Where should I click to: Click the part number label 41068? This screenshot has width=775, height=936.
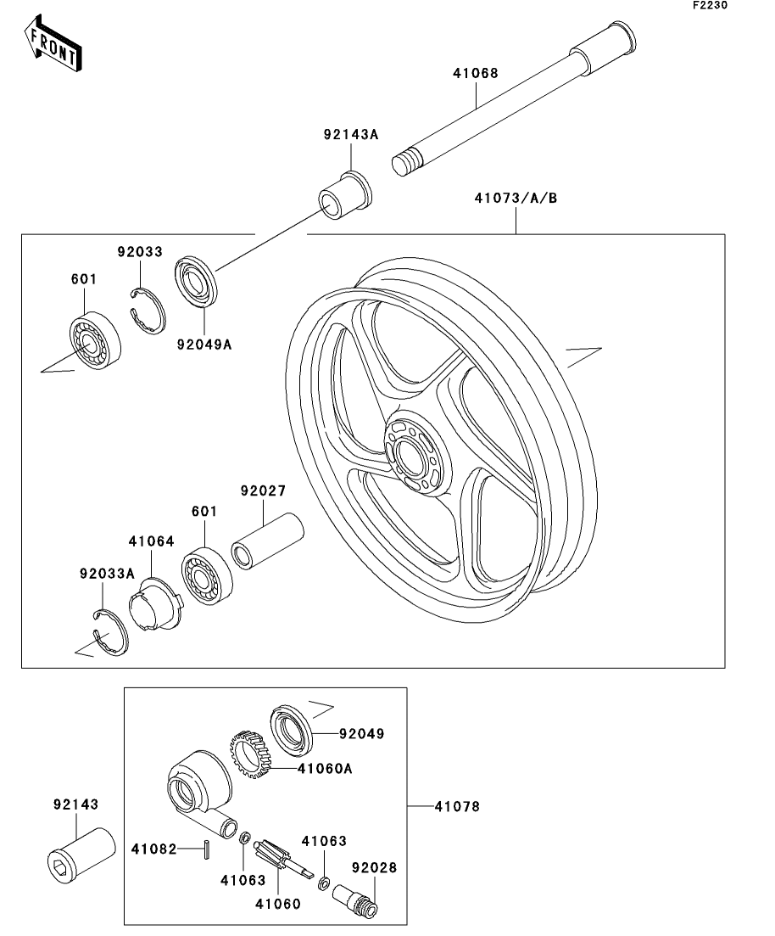(x=476, y=74)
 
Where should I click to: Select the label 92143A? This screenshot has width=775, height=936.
(x=351, y=135)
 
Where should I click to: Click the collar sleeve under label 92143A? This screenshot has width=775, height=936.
(x=344, y=195)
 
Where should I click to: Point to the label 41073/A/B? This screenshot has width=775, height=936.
(x=516, y=198)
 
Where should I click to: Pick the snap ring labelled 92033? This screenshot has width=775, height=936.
(x=148, y=310)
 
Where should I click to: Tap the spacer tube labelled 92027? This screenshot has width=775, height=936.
(x=268, y=541)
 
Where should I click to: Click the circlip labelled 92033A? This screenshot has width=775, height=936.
(x=111, y=631)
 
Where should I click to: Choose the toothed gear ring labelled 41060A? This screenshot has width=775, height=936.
(x=250, y=754)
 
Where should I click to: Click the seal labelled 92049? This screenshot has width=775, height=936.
(x=292, y=728)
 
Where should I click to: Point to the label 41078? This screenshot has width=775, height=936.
(x=457, y=806)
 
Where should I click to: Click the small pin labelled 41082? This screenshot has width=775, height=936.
(x=206, y=849)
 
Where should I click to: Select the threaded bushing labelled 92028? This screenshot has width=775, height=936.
(x=355, y=900)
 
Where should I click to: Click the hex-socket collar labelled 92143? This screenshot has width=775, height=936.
(x=81, y=855)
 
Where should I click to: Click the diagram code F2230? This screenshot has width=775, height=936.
(x=710, y=5)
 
